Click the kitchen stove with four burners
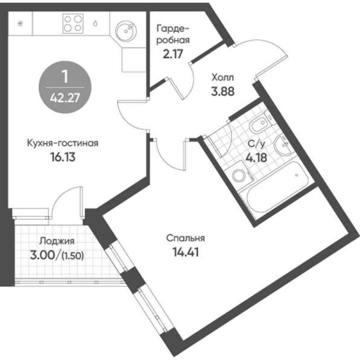[x=73, y=24]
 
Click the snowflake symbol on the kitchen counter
[x=21, y=24]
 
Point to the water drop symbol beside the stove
[x=95, y=24]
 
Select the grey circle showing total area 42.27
[x=65, y=87]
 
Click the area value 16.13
[x=63, y=157]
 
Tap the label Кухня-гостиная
[x=63, y=143]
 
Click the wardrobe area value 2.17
[x=172, y=54]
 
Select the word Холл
[x=223, y=77]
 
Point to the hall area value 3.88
[x=223, y=92]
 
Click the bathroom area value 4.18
[x=256, y=158]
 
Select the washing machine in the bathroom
[x=239, y=174]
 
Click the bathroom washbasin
[x=283, y=144]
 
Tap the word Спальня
[x=186, y=238]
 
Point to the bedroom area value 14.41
[x=186, y=252]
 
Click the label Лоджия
[x=57, y=241]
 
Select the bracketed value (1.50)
[x=72, y=256]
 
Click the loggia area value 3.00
[x=43, y=255]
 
